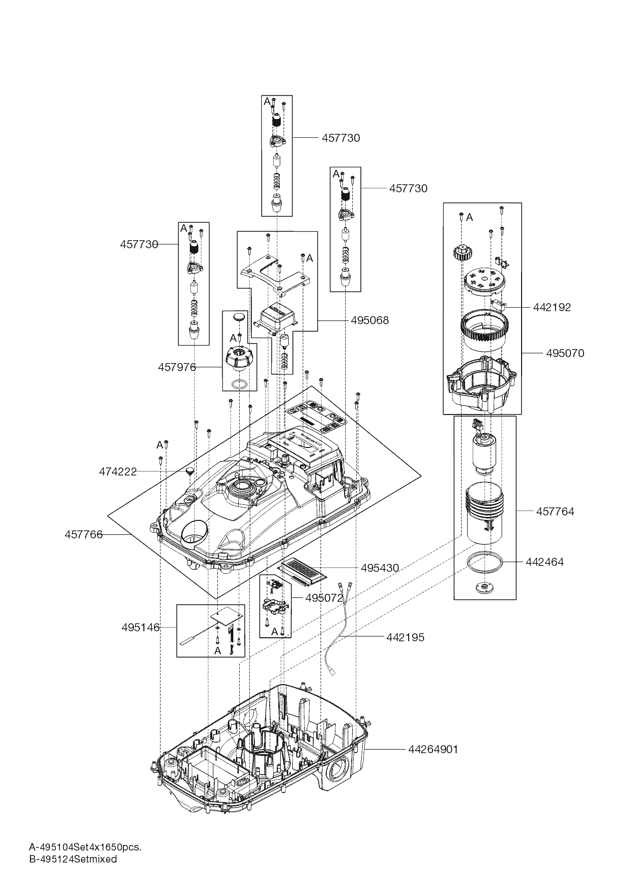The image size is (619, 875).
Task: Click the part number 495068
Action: coord(369,320)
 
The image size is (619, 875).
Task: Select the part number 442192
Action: coord(552,307)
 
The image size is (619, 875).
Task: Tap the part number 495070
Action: coord(565,353)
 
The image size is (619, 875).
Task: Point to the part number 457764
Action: coord(555,511)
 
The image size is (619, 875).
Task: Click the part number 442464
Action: coord(544,562)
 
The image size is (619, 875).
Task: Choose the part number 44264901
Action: coord(433,749)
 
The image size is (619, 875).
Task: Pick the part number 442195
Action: coord(405,637)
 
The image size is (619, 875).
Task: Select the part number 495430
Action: coord(380,568)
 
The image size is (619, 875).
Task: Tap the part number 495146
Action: coord(140,627)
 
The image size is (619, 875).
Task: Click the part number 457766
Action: coord(83,535)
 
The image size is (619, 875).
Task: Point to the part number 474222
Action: coord(117,471)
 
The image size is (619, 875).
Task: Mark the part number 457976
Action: coord(176,367)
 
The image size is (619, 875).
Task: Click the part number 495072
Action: coord(324,598)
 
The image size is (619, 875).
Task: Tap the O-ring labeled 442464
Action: coord(483,561)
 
